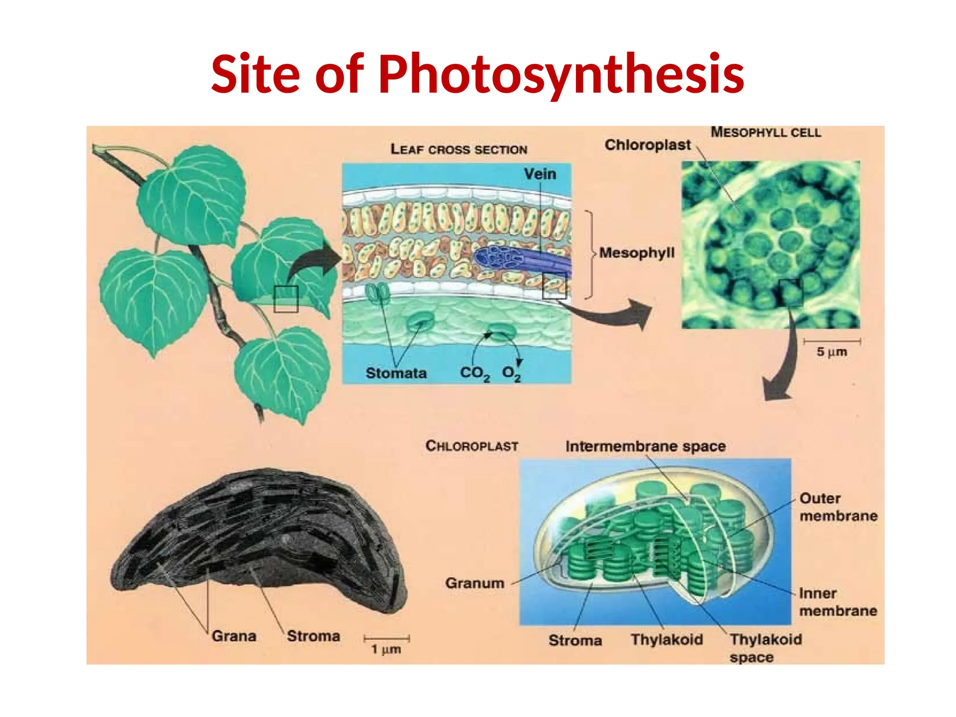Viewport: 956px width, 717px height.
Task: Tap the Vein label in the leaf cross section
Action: click(540, 174)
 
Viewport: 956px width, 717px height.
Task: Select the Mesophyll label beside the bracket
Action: click(637, 253)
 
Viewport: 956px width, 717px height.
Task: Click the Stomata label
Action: click(396, 373)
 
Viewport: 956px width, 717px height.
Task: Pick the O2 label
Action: click(511, 373)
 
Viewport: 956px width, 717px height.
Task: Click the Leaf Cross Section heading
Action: click(459, 149)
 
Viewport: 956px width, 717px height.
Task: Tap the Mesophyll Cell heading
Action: click(766, 133)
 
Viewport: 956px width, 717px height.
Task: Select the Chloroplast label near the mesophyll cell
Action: click(647, 145)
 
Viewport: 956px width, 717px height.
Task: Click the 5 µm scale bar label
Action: click(831, 352)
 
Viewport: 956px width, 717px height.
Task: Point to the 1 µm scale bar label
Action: click(386, 649)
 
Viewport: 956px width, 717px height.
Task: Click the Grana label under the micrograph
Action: click(234, 636)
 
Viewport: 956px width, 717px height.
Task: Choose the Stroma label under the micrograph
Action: click(313, 636)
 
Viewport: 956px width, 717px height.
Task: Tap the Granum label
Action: click(475, 583)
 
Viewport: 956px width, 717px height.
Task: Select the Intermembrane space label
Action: click(645, 447)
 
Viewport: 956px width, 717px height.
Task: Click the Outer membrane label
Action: click(838, 507)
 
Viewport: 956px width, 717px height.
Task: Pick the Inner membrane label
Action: click(838, 602)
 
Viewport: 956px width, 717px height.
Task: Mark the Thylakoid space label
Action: click(766, 648)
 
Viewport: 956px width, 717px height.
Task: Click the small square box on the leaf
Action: click(286, 299)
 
